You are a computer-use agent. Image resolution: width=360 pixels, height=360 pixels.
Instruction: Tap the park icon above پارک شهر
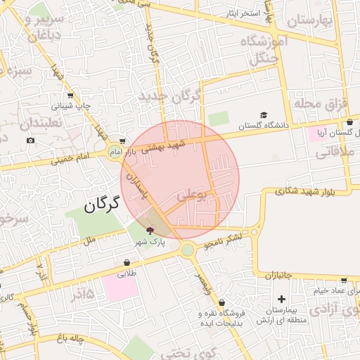click(x=150, y=230)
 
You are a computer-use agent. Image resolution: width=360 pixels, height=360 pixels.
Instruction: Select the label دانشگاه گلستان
click(x=264, y=126)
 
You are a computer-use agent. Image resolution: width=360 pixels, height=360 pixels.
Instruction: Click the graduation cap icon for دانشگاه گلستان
click(x=264, y=115)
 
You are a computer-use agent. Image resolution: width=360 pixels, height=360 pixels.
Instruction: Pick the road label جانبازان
click(x=278, y=276)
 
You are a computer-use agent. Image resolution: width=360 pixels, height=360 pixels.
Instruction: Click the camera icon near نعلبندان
click(x=31, y=141)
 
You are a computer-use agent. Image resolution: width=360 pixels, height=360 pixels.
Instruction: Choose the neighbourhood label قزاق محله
click(x=321, y=105)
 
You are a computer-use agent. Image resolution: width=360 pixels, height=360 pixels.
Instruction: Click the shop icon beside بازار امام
click(x=123, y=141)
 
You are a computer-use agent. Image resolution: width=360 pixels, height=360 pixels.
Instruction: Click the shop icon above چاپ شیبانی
click(x=70, y=96)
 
